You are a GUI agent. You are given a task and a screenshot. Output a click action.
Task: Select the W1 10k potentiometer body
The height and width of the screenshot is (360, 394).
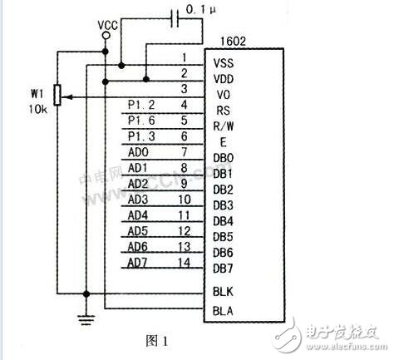(x=57, y=96)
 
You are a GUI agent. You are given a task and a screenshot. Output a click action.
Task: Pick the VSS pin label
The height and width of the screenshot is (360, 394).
(x=224, y=63)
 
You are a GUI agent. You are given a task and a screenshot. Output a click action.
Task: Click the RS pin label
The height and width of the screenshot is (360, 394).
(x=220, y=111)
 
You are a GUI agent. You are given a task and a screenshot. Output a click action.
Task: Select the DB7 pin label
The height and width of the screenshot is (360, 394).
(x=224, y=268)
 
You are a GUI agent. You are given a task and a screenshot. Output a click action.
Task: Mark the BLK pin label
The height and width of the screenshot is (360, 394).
(x=224, y=292)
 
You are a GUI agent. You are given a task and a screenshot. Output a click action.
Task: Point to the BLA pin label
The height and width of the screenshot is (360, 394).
(x=224, y=310)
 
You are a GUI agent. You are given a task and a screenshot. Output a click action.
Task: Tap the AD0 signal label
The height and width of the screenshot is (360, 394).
(x=138, y=152)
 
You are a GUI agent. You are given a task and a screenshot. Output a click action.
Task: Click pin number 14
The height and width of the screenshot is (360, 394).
(x=185, y=263)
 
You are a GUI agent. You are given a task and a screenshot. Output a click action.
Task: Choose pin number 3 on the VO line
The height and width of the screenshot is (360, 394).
(x=185, y=88)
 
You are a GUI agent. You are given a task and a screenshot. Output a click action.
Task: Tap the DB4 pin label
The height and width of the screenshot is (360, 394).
(x=224, y=220)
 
